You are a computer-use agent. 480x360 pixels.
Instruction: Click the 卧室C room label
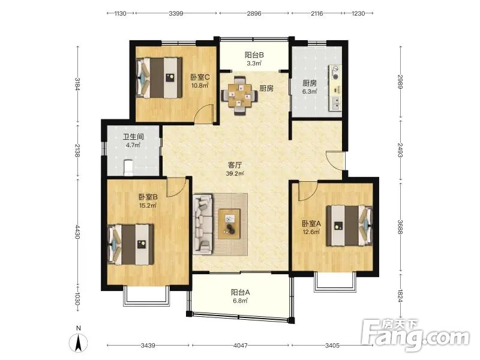(200, 77)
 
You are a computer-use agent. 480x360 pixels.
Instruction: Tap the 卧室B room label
(148, 197)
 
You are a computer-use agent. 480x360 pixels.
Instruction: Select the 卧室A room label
(311, 224)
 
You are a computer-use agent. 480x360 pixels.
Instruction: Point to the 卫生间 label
(133, 137)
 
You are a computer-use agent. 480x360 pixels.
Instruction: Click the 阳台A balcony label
(241, 292)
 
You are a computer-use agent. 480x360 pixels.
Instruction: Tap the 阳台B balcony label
(254, 55)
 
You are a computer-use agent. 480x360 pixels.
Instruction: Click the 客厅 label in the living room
(235, 166)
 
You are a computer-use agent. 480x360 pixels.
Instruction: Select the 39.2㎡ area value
(235, 173)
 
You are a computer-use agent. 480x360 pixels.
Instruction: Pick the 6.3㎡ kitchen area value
(310, 91)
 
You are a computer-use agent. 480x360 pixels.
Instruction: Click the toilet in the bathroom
(128, 168)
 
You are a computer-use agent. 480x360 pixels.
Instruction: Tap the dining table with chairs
(239, 95)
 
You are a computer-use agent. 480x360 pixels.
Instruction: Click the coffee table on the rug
(229, 224)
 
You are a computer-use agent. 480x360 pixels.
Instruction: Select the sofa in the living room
(203, 224)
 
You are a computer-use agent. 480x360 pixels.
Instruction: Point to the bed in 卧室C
(158, 78)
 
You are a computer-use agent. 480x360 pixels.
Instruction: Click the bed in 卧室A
(350, 226)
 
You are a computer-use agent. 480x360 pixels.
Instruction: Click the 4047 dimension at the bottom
(241, 346)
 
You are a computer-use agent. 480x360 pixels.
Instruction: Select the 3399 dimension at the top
(176, 13)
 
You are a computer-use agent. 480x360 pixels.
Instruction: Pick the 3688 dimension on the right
(400, 227)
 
